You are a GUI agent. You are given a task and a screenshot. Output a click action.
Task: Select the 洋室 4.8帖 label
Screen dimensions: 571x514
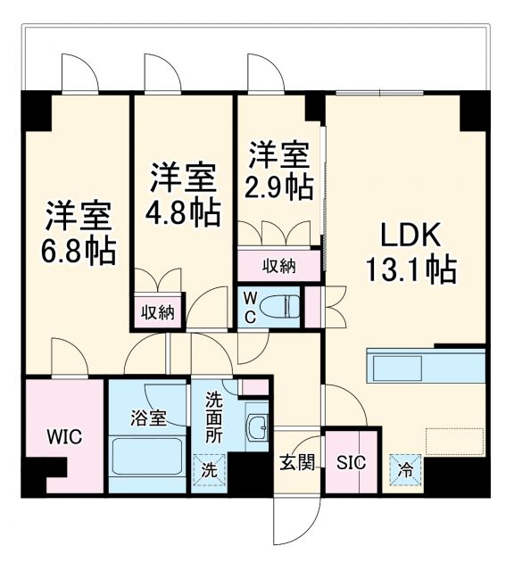(x=183, y=193)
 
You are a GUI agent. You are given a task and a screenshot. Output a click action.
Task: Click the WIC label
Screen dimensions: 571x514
(x=64, y=437)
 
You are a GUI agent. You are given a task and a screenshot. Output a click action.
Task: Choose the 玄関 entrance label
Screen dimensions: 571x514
(x=295, y=463)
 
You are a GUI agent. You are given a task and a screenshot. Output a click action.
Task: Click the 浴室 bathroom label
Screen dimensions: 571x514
(x=148, y=416)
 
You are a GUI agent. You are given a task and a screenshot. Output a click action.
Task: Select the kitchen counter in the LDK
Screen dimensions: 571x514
(x=425, y=367)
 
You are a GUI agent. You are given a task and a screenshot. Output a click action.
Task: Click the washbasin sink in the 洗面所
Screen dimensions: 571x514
(x=258, y=426)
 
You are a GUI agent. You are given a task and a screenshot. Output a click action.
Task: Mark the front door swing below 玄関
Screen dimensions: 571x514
(x=295, y=518)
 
